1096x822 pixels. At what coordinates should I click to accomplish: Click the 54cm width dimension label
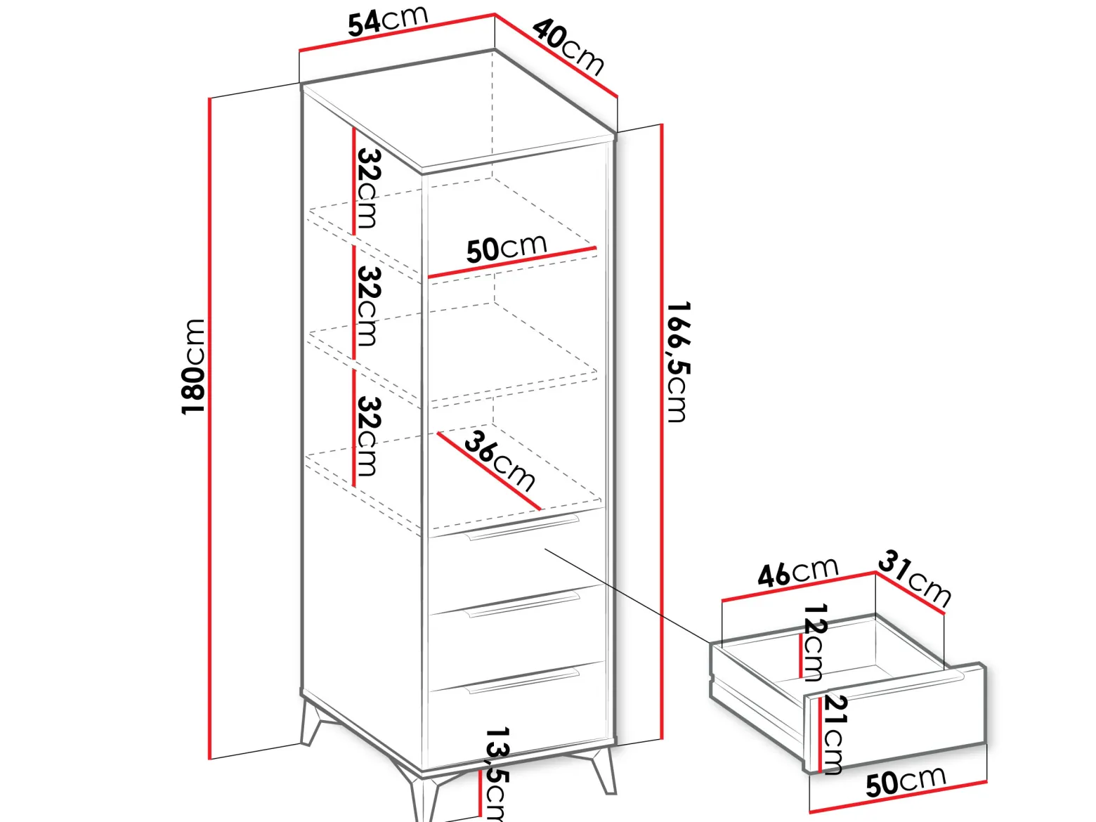coord(388,22)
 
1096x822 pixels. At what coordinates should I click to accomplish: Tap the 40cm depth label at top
coord(568,47)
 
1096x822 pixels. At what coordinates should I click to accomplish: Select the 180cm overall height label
coord(193,367)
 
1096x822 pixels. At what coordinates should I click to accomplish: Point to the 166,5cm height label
coord(679,362)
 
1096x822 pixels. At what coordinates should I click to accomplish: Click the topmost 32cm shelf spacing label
coord(370,189)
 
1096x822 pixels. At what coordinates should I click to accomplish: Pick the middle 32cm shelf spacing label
coord(370,306)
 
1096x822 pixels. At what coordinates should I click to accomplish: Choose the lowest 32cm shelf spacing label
coord(370,436)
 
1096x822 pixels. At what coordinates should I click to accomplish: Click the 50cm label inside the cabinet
coord(507,248)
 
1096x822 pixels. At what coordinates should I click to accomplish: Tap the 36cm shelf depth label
coord(500,460)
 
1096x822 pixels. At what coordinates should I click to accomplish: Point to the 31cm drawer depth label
coord(915,578)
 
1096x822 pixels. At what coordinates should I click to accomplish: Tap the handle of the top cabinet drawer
coord(522,528)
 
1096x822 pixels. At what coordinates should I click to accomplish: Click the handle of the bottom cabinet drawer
coord(522,681)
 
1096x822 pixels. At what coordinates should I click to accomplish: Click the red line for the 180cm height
coord(210,429)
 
